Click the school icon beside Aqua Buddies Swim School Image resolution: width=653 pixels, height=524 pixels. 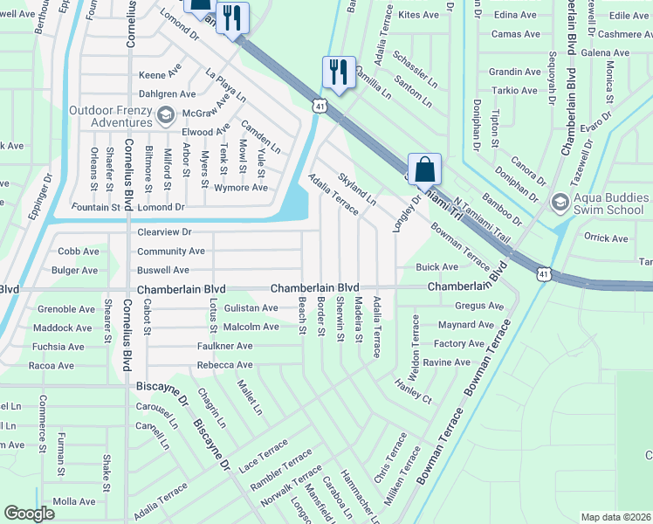[560, 203]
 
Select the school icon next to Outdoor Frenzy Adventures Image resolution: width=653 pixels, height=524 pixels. [165, 115]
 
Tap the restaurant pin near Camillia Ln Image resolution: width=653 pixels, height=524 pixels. [338, 72]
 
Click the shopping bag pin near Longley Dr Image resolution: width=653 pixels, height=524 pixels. [424, 169]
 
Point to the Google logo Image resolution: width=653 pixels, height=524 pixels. [29, 514]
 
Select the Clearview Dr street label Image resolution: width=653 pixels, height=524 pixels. [164, 233]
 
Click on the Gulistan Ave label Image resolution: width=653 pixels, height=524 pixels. [251, 308]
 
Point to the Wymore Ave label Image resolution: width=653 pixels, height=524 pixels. [241, 188]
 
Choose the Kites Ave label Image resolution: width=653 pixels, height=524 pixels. [418, 15]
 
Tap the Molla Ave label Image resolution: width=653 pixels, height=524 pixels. [74, 501]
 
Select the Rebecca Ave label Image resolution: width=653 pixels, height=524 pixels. [224, 365]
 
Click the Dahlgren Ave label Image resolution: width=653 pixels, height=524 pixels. [168, 93]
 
